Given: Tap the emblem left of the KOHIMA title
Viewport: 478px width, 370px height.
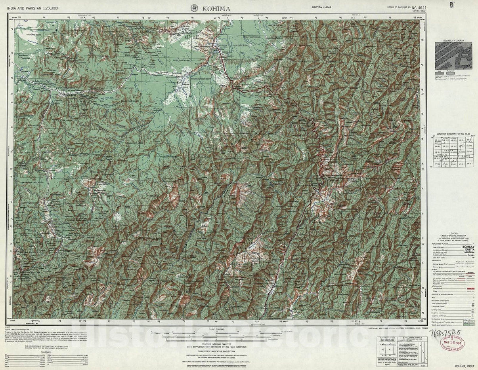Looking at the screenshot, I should click(x=194, y=8).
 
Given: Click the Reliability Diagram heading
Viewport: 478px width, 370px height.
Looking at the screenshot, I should click(x=453, y=40).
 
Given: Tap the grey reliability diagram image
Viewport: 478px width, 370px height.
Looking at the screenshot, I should click(x=453, y=56).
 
